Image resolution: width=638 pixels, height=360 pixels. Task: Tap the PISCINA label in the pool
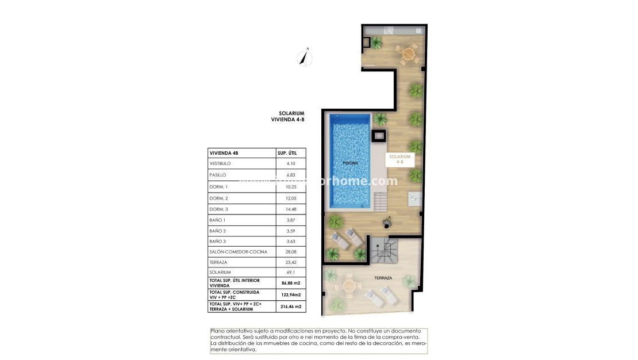click(x=350, y=163)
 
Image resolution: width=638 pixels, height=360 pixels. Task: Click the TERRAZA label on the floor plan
click(x=383, y=278)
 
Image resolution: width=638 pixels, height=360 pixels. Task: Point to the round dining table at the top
click(x=408, y=54)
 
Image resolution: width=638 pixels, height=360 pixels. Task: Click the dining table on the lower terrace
click(x=349, y=284)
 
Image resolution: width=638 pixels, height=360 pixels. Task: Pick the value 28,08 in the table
click(x=290, y=251)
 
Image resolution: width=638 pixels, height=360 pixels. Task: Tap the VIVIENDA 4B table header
click(x=224, y=153)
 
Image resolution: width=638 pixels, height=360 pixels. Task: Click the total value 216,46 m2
click(x=291, y=307)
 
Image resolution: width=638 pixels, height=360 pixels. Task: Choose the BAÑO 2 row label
click(x=218, y=230)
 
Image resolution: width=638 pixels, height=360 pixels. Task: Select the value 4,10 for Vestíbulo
click(x=290, y=164)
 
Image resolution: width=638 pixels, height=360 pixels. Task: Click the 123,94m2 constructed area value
click(x=291, y=294)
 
